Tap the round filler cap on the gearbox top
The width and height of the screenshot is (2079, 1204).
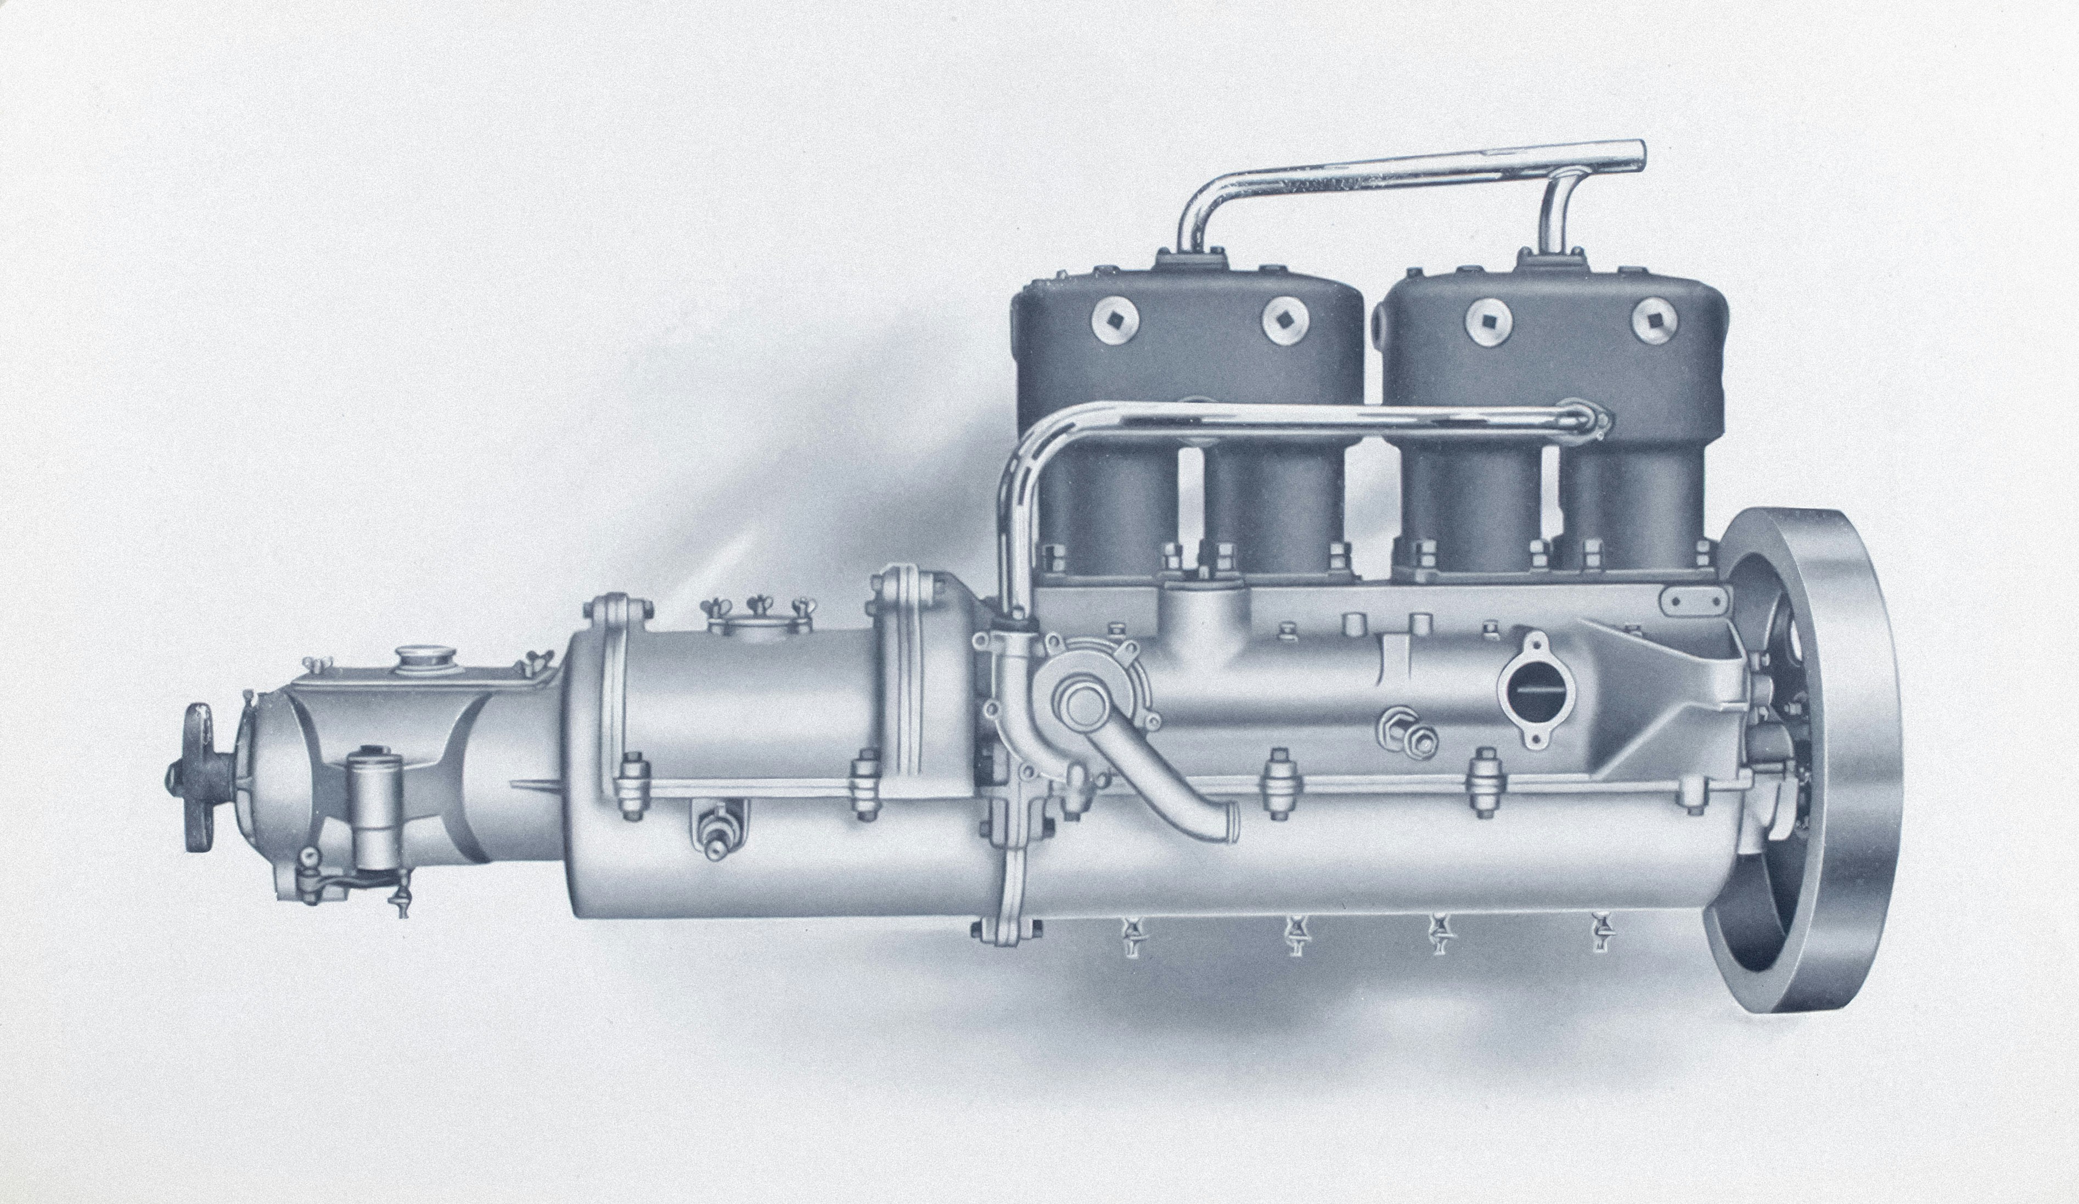[420, 660]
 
